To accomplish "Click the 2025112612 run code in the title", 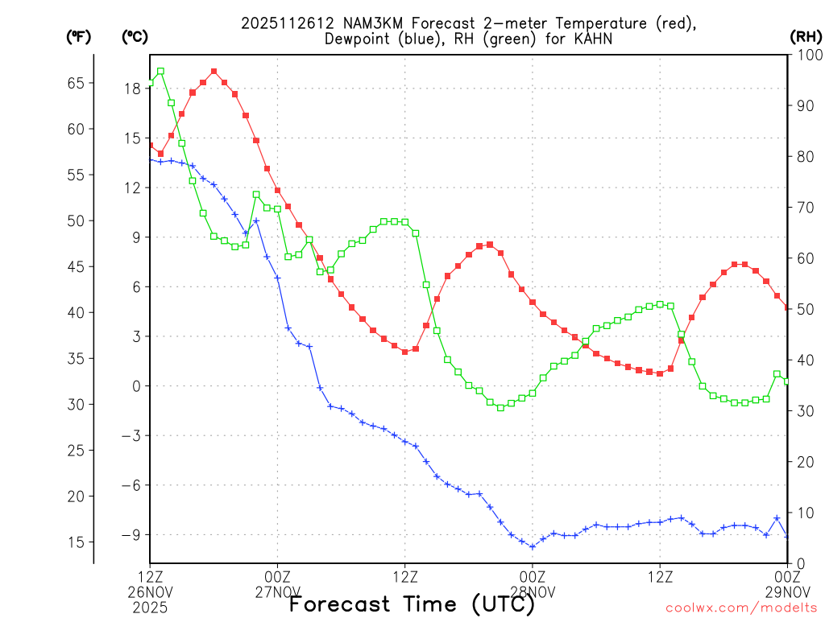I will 281,23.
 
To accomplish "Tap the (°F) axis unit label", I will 78,36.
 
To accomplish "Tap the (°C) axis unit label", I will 134,36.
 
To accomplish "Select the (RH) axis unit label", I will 806,36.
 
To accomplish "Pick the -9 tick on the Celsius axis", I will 131,535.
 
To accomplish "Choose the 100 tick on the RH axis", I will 807,56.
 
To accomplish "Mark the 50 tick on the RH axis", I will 804,310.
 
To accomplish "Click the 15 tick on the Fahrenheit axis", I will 77,542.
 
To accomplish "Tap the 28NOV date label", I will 533,592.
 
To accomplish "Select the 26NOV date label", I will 150,592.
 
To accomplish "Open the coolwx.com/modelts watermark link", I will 741,608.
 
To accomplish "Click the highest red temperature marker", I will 214,71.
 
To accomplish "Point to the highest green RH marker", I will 160,71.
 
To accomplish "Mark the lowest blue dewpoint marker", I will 533,546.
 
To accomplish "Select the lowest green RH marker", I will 500,408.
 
